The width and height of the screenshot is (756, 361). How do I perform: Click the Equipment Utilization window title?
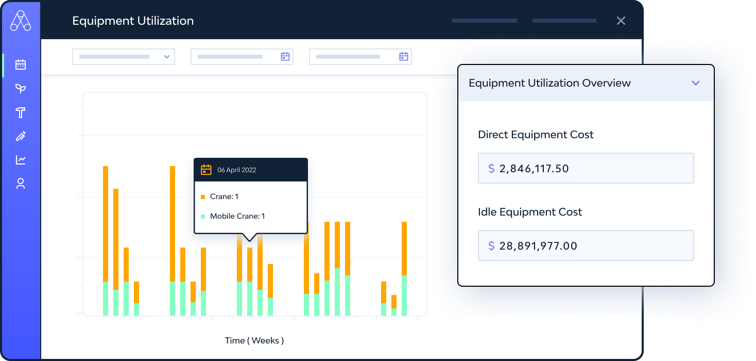point(133,21)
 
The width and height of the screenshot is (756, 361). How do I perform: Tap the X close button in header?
point(621,21)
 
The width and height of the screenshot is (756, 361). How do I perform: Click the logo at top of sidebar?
point(21,21)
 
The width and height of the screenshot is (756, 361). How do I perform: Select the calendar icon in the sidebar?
point(21,65)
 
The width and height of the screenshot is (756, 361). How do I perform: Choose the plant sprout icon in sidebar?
point(21,89)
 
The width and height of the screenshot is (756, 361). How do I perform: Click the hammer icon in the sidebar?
point(21,112)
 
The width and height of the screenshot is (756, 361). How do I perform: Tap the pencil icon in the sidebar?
point(21,136)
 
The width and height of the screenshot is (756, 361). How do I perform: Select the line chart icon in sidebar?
point(21,160)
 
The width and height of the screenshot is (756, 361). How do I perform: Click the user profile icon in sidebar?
point(21,184)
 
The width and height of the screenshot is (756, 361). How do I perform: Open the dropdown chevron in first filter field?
point(167,57)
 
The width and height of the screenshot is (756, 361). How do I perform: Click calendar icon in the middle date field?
point(285,57)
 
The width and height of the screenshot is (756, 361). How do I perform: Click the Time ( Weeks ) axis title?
point(254,340)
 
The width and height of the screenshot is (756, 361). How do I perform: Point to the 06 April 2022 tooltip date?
point(236,170)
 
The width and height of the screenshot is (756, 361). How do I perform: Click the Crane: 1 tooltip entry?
point(224,196)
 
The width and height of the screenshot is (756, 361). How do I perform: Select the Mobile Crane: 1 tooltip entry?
point(237,216)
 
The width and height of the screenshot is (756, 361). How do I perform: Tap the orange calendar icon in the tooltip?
point(206,170)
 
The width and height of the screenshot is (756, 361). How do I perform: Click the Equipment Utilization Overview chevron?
point(696,83)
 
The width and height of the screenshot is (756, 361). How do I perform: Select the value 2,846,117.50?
point(534,168)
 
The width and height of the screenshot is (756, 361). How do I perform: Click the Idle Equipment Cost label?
point(530,212)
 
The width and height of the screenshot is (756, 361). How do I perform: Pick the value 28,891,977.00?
point(538,245)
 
